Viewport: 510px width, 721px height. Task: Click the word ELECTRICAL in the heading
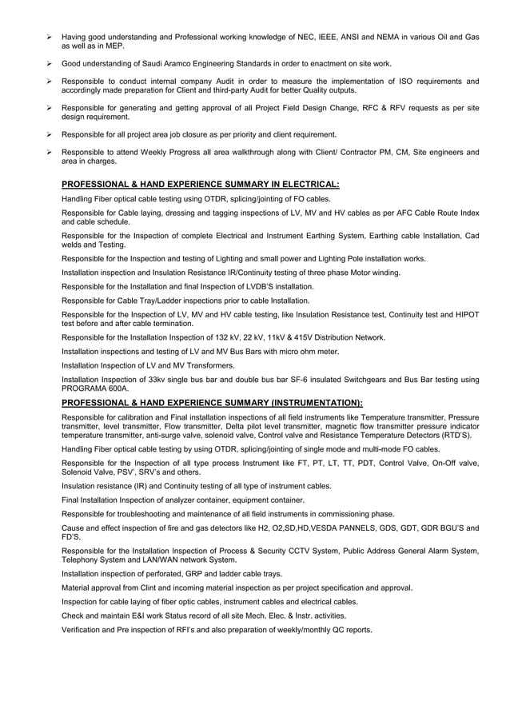304,184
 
